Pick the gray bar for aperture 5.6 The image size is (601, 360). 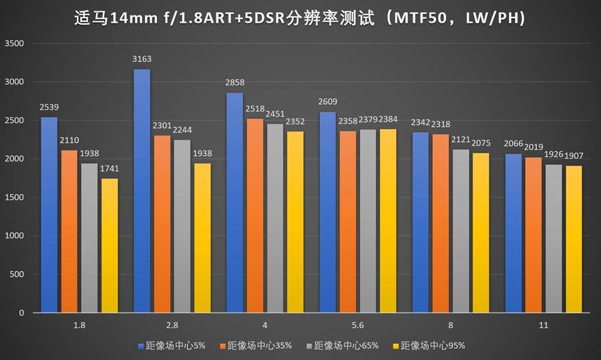[367, 220]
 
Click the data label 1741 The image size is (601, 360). [109, 170]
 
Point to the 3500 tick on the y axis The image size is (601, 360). [14, 43]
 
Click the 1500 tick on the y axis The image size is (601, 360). [14, 198]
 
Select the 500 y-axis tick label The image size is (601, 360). [17, 275]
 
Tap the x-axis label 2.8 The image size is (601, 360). [172, 325]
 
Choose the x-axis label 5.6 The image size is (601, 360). [357, 325]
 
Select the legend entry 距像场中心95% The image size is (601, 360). [433, 345]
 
